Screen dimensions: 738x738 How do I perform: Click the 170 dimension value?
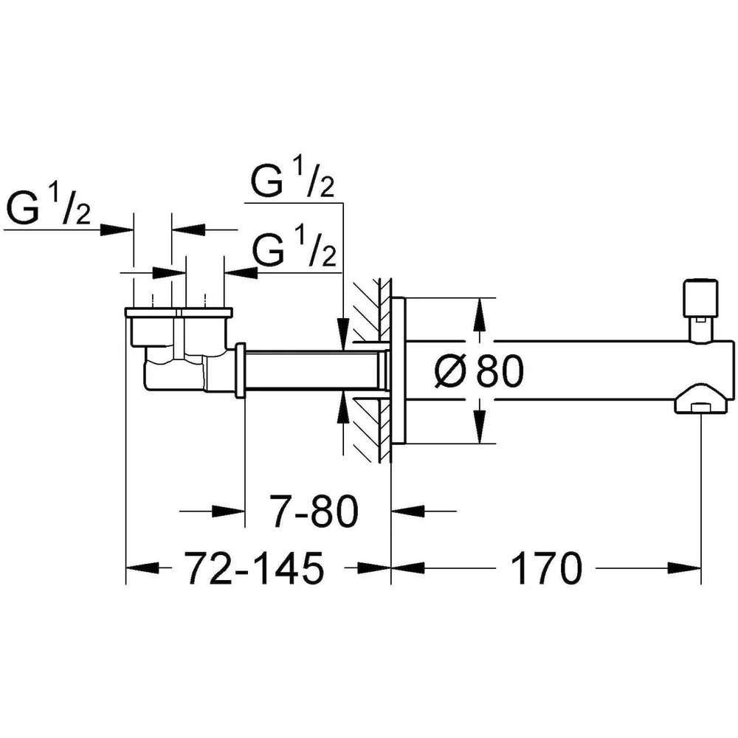click(546, 568)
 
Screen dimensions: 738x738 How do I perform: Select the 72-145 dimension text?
click(254, 568)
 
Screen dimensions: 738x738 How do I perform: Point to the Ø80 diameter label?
click(479, 371)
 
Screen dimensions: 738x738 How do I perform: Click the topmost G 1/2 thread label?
click(292, 178)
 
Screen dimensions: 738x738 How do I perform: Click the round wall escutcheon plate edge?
click(399, 371)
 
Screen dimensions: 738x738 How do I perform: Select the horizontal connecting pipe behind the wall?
click(313, 371)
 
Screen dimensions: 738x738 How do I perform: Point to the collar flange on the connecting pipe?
click(240, 371)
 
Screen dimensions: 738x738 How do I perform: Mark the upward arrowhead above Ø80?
click(479, 314)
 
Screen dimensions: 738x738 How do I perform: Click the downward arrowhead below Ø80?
click(479, 427)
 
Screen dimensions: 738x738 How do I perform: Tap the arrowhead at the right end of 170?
click(684, 568)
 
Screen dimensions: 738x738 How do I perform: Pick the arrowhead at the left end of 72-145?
click(142, 568)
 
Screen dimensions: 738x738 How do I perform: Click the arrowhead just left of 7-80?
click(228, 511)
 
